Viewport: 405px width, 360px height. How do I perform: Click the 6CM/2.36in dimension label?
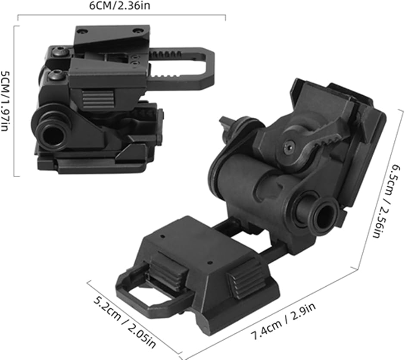[x=119, y=6]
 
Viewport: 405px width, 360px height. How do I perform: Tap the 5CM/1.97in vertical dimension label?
[x=5, y=101]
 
